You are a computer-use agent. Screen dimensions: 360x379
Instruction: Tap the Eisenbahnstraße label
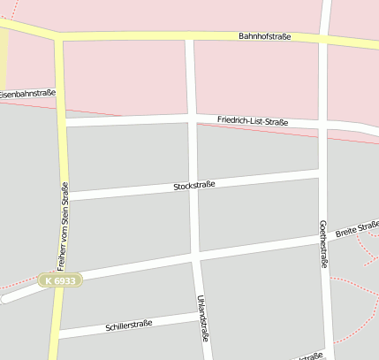(x=27, y=93)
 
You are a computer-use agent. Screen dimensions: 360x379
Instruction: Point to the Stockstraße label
(x=195, y=186)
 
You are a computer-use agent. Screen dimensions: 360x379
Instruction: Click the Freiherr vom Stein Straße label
(x=63, y=226)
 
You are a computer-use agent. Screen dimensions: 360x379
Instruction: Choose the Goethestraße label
(x=323, y=243)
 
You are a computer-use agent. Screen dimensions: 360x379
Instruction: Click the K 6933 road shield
(x=60, y=280)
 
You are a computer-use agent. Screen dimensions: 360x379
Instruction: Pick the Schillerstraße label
(x=129, y=325)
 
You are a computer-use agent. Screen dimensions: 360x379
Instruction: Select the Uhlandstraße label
(x=203, y=318)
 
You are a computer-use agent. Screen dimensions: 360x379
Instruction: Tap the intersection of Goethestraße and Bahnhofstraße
(x=324, y=40)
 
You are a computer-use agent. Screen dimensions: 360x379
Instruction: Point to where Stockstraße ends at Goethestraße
(x=322, y=171)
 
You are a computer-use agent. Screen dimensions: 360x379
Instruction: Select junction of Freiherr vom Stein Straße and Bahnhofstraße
(x=59, y=36)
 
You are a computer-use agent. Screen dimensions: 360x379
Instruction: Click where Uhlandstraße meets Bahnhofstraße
(x=189, y=36)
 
